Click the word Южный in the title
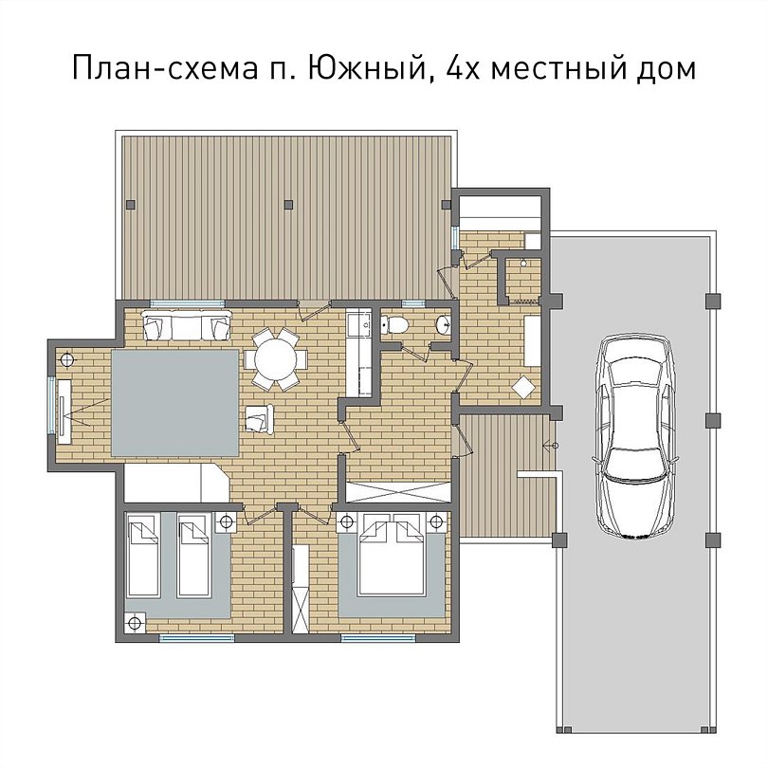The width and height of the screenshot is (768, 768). [x=366, y=67]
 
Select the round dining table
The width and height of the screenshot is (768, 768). [x=276, y=360]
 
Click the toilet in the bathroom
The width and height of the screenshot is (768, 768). [x=394, y=323]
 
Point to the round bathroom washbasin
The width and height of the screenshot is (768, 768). [x=445, y=324]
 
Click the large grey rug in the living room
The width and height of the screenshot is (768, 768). [x=175, y=403]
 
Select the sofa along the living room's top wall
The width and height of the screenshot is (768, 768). [x=186, y=323]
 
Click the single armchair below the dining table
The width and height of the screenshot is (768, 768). [x=259, y=419]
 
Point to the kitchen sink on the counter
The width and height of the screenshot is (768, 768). [x=364, y=323]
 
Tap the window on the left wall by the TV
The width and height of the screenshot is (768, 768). [x=51, y=404]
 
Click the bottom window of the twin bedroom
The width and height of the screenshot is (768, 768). [x=196, y=638]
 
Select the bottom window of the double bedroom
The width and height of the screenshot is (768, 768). [x=377, y=638]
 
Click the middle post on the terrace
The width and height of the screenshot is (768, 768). [x=289, y=205]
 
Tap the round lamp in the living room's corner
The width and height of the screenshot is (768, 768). [x=66, y=360]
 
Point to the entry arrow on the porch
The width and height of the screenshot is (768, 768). [x=551, y=445]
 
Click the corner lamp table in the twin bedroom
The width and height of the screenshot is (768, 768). [x=135, y=623]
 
